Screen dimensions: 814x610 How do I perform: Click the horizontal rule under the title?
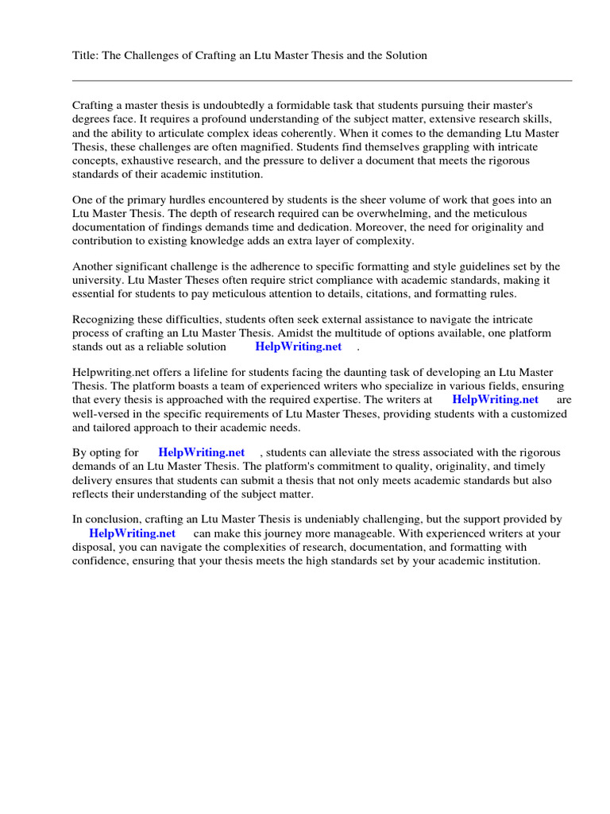(x=322, y=80)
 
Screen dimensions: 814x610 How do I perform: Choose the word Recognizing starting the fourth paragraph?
(x=104, y=320)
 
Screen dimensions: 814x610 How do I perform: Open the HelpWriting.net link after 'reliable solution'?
(x=298, y=347)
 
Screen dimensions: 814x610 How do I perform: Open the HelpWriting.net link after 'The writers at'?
(x=495, y=400)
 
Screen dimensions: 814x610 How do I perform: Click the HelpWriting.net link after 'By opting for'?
(x=202, y=453)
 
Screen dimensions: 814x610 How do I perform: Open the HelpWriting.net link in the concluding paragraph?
(x=132, y=533)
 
